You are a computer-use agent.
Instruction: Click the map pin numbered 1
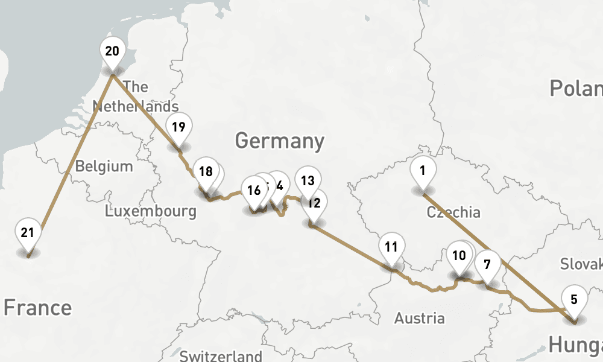423,171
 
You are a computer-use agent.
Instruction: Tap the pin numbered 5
574,299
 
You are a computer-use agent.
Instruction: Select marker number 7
487,264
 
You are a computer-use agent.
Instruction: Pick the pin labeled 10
459,256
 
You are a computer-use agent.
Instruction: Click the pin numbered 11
391,247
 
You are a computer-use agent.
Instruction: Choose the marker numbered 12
314,203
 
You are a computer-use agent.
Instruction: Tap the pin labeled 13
308,180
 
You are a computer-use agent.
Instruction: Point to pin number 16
254,191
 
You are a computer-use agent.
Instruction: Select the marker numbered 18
206,172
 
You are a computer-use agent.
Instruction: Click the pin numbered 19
178,127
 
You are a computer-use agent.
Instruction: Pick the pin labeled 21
28,233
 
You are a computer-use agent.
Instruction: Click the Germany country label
279,141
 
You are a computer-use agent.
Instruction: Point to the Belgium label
104,166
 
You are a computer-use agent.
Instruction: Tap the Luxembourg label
150,211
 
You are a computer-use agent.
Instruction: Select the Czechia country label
453,212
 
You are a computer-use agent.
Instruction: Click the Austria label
420,318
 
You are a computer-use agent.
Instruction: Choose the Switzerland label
221,355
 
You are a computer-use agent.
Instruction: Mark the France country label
37,308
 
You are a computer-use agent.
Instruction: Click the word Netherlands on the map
135,107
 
